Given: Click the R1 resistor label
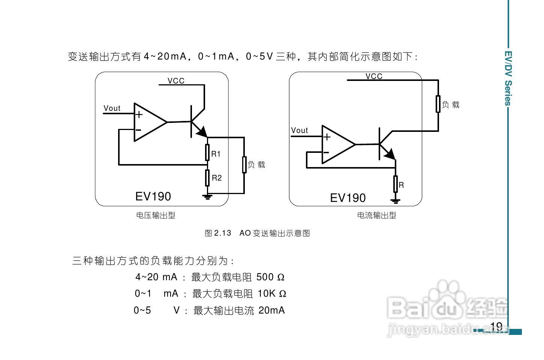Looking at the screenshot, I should click(216, 154).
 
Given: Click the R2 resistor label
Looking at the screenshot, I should click(217, 178).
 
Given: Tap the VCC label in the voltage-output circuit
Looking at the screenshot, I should click(176, 81).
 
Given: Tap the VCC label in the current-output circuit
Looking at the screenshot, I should click(374, 76).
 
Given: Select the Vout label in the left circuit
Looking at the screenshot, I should click(112, 108).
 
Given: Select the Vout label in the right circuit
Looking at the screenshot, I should click(299, 130).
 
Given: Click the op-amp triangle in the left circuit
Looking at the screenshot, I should click(148, 122).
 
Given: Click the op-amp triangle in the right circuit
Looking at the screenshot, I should click(336, 145).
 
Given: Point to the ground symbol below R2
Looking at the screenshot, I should click(207, 197).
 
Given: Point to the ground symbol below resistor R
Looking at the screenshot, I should click(395, 201).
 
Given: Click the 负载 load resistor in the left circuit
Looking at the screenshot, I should click(244, 165).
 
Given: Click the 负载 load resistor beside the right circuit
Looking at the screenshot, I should click(438, 104).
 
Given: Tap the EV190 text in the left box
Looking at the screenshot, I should click(153, 196).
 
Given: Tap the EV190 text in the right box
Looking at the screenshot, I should click(348, 198).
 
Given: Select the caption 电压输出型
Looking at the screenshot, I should click(156, 215).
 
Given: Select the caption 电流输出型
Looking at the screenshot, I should click(376, 215).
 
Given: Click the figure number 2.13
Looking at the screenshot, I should click(222, 233).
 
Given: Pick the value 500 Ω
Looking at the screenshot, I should click(270, 277).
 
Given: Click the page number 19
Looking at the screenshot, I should click(496, 326).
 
